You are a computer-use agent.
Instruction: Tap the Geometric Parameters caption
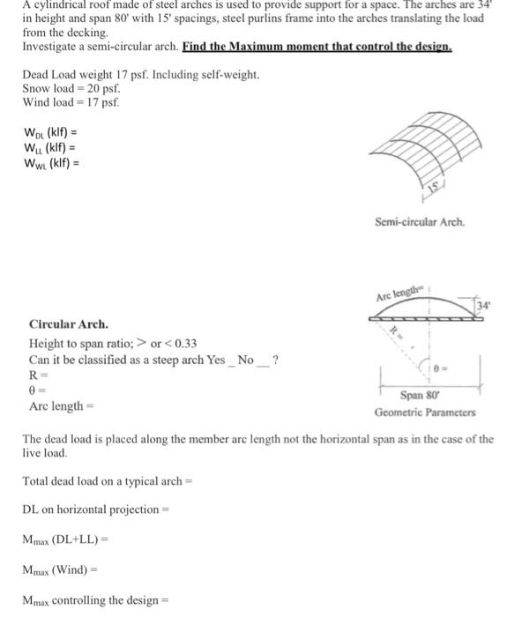[426, 413]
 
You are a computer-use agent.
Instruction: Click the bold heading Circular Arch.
[69, 323]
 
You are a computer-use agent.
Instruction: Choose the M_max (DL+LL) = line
[77, 539]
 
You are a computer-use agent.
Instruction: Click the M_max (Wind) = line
[67, 569]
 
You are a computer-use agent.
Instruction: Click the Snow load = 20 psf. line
[71, 89]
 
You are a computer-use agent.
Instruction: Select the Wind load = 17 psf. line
[71, 102]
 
